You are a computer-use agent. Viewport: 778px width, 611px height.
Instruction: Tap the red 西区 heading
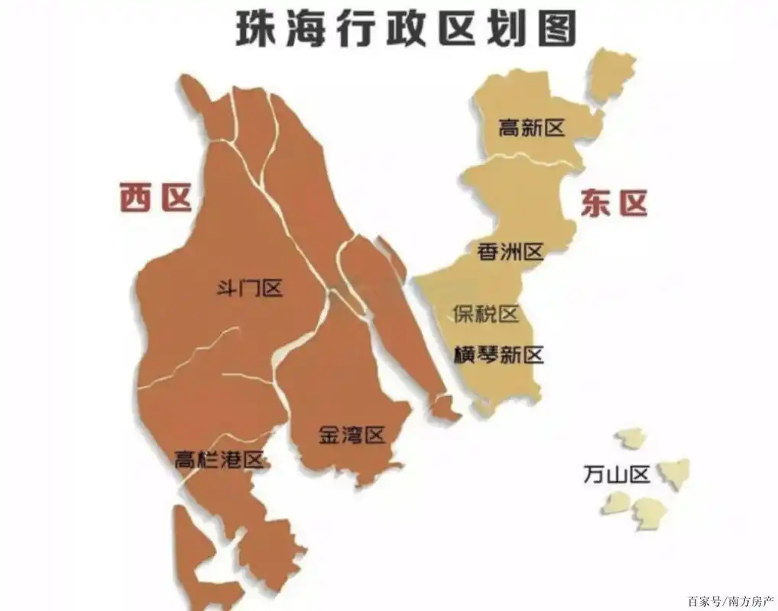click(155, 198)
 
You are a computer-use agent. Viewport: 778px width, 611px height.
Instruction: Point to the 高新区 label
click(531, 128)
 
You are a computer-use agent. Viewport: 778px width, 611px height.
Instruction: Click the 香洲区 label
click(510, 251)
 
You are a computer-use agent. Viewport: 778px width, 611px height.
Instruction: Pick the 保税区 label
click(485, 313)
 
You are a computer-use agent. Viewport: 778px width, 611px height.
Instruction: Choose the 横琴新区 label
click(498, 354)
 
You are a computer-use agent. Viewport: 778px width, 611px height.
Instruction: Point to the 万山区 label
click(616, 475)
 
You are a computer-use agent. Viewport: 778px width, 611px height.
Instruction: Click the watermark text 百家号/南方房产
click(731, 600)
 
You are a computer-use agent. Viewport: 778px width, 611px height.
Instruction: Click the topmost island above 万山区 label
click(631, 438)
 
